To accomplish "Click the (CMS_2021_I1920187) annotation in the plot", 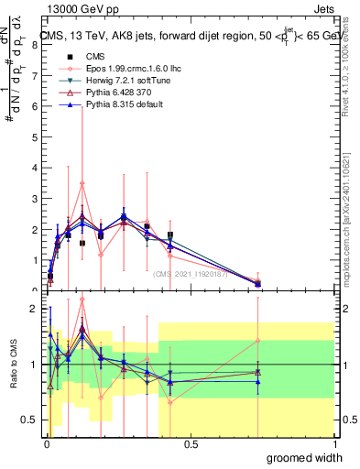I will [x=191, y=272].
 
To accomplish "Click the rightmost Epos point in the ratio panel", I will [x=258, y=341].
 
